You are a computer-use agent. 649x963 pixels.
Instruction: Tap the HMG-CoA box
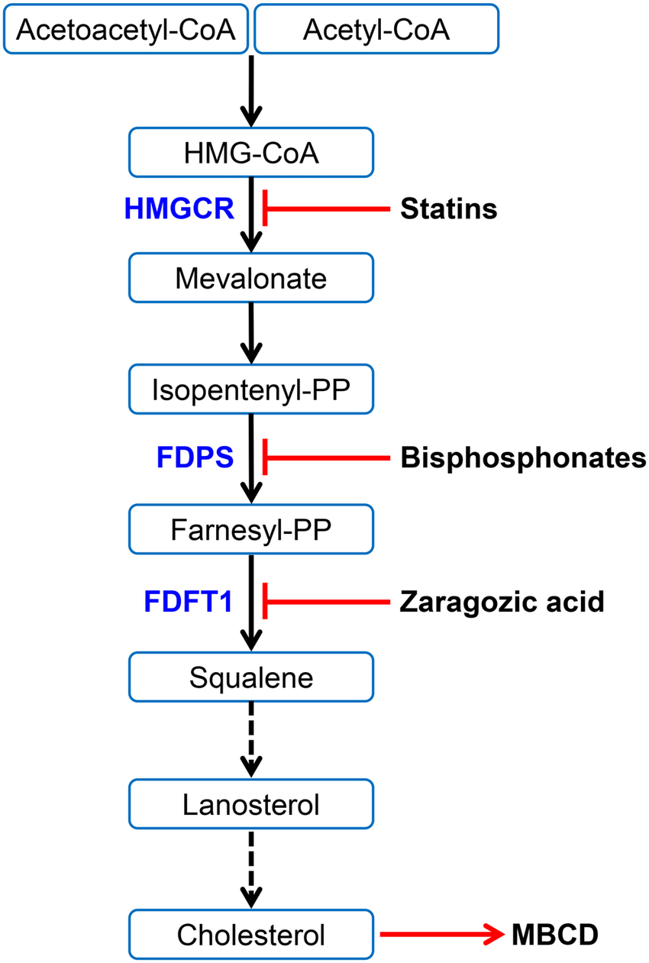(251, 153)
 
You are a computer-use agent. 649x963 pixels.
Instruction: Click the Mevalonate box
(251, 278)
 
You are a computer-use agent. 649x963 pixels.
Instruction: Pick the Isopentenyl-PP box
(251, 390)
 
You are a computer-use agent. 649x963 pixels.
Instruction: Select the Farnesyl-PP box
(251, 528)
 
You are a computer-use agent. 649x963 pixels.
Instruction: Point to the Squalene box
(251, 677)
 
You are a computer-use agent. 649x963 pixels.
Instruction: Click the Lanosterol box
(251, 803)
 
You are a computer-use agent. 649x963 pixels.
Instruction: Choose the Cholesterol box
(251, 933)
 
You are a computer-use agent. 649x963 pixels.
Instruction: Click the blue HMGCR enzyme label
(179, 208)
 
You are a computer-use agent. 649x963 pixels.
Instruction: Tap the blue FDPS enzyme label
(195, 457)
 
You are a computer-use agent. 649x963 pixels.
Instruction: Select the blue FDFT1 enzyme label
(188, 602)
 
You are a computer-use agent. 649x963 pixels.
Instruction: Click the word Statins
(449, 208)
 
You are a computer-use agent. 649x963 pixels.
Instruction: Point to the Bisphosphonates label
(523, 458)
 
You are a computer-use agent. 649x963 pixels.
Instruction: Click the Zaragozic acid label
(502, 603)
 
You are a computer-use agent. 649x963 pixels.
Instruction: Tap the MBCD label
(554, 934)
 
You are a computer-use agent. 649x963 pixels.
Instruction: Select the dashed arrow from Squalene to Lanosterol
(251, 737)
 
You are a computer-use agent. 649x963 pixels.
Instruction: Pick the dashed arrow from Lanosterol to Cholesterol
(251, 867)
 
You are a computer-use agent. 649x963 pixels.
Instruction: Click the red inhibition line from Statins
(328, 208)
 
